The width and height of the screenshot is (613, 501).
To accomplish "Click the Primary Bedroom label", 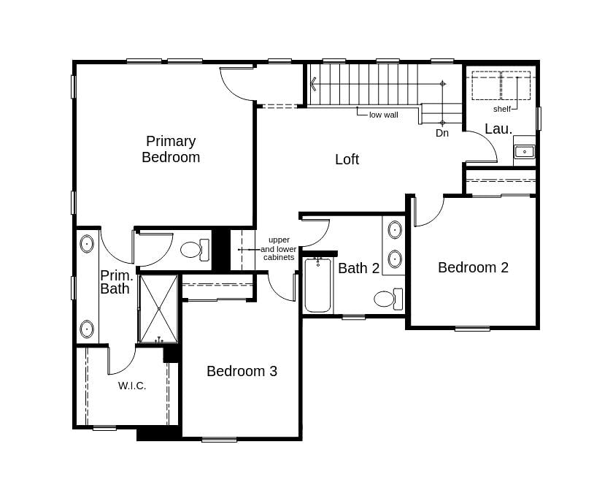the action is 171,149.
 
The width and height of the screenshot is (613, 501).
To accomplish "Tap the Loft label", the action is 347,159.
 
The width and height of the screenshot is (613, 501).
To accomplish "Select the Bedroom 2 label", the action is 473,267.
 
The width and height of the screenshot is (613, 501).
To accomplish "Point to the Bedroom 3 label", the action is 242,371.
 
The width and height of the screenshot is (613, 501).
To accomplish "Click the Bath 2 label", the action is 359,268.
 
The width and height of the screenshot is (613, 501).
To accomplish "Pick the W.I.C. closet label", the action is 132,386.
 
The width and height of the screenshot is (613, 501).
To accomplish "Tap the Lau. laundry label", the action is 498,129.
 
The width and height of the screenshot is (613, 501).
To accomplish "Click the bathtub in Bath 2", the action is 318,284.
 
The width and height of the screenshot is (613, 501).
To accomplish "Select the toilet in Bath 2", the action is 388,299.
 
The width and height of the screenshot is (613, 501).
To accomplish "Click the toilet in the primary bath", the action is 195,250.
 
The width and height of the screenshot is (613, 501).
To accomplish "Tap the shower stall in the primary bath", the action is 159,309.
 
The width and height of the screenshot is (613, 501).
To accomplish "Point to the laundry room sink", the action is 524,151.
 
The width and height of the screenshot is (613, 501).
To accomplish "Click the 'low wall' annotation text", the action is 384,115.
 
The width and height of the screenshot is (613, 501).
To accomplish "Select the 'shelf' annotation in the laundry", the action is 502,109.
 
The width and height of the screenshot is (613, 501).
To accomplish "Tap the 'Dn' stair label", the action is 442,133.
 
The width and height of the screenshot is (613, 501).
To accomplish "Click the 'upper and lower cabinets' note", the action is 279,249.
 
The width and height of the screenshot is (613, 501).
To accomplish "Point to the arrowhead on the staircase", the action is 314,84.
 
